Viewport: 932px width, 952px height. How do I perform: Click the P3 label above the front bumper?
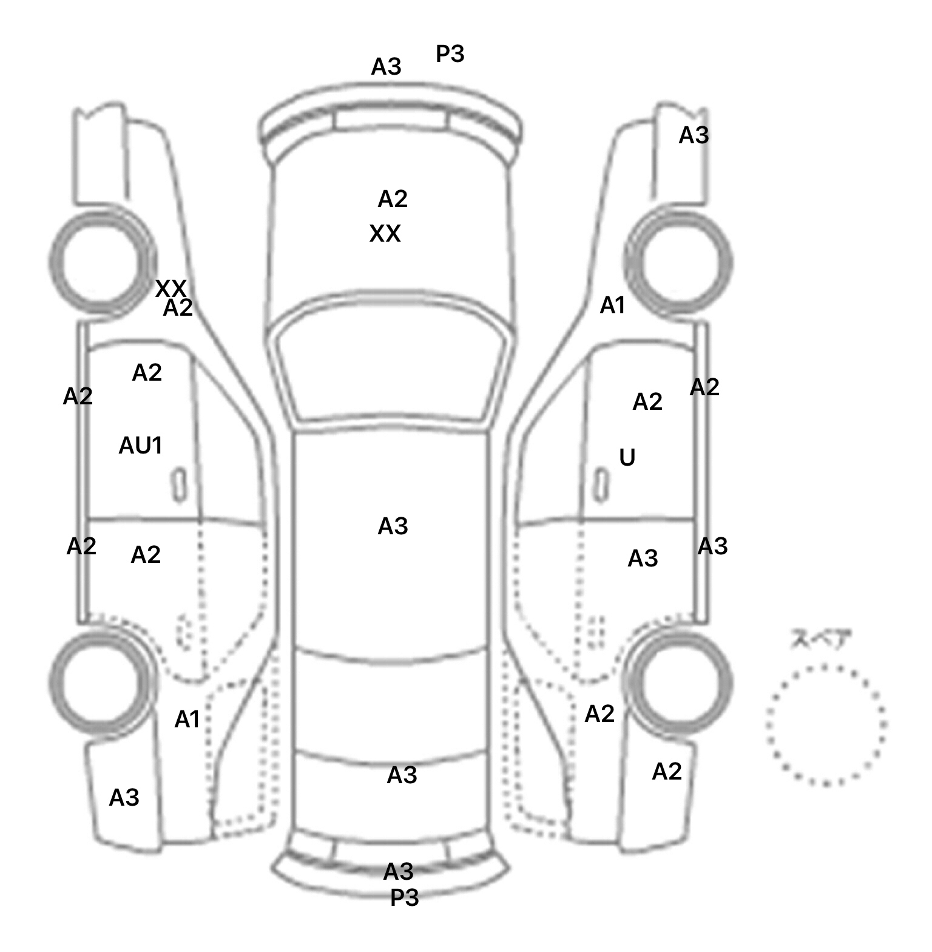(450, 54)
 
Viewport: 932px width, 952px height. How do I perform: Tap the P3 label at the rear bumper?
(404, 897)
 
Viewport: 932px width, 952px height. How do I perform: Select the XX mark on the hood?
(385, 234)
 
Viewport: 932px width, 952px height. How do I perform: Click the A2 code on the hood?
(393, 199)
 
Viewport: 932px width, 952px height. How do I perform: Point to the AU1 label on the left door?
(141, 446)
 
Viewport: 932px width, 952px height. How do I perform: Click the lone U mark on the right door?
(627, 457)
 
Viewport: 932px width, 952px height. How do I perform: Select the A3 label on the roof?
(393, 526)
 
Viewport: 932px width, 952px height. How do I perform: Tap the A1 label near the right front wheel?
(612, 306)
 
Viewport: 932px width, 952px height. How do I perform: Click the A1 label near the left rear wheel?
(187, 719)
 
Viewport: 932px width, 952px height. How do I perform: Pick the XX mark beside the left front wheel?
(171, 288)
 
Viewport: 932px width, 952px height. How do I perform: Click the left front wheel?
(101, 262)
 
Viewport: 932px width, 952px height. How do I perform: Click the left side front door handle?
(178, 485)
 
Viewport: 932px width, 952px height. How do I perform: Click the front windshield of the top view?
(391, 364)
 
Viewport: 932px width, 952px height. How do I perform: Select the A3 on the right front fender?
(694, 135)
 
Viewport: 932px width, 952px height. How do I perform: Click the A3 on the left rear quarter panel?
(124, 798)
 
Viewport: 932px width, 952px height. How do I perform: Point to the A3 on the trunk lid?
(402, 775)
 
